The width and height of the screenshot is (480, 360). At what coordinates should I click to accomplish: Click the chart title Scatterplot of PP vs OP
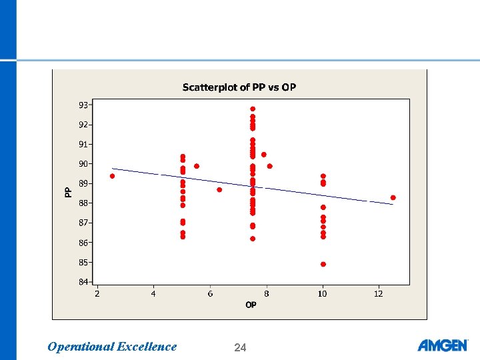tap(239, 88)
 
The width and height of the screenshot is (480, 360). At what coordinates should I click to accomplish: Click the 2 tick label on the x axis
tap(97, 293)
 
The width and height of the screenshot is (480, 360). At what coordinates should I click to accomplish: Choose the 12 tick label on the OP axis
tap(379, 293)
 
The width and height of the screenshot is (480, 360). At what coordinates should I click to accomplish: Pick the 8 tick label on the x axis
tap(267, 293)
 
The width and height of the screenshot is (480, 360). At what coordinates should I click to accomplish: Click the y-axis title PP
tap(68, 193)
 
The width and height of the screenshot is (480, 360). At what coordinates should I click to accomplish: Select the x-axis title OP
tap(251, 305)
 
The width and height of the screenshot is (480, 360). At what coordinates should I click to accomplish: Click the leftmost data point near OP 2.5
tap(112, 176)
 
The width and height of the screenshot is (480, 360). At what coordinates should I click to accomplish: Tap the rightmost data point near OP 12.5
tap(393, 197)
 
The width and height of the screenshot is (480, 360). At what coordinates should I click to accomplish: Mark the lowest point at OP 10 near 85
tap(323, 264)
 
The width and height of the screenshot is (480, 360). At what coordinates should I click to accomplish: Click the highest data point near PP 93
tap(253, 109)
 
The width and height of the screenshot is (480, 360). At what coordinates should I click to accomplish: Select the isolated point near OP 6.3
tap(219, 189)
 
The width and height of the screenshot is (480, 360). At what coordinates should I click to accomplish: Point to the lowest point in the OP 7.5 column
tap(253, 239)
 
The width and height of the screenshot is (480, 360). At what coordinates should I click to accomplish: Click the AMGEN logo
tap(442, 345)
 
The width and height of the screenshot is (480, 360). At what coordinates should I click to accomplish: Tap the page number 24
tap(240, 347)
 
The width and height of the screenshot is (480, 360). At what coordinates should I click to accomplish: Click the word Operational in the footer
tap(80, 347)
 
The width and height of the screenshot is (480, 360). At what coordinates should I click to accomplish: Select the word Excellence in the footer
tap(147, 347)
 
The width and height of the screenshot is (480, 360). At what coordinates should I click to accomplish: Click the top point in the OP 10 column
tap(323, 176)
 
